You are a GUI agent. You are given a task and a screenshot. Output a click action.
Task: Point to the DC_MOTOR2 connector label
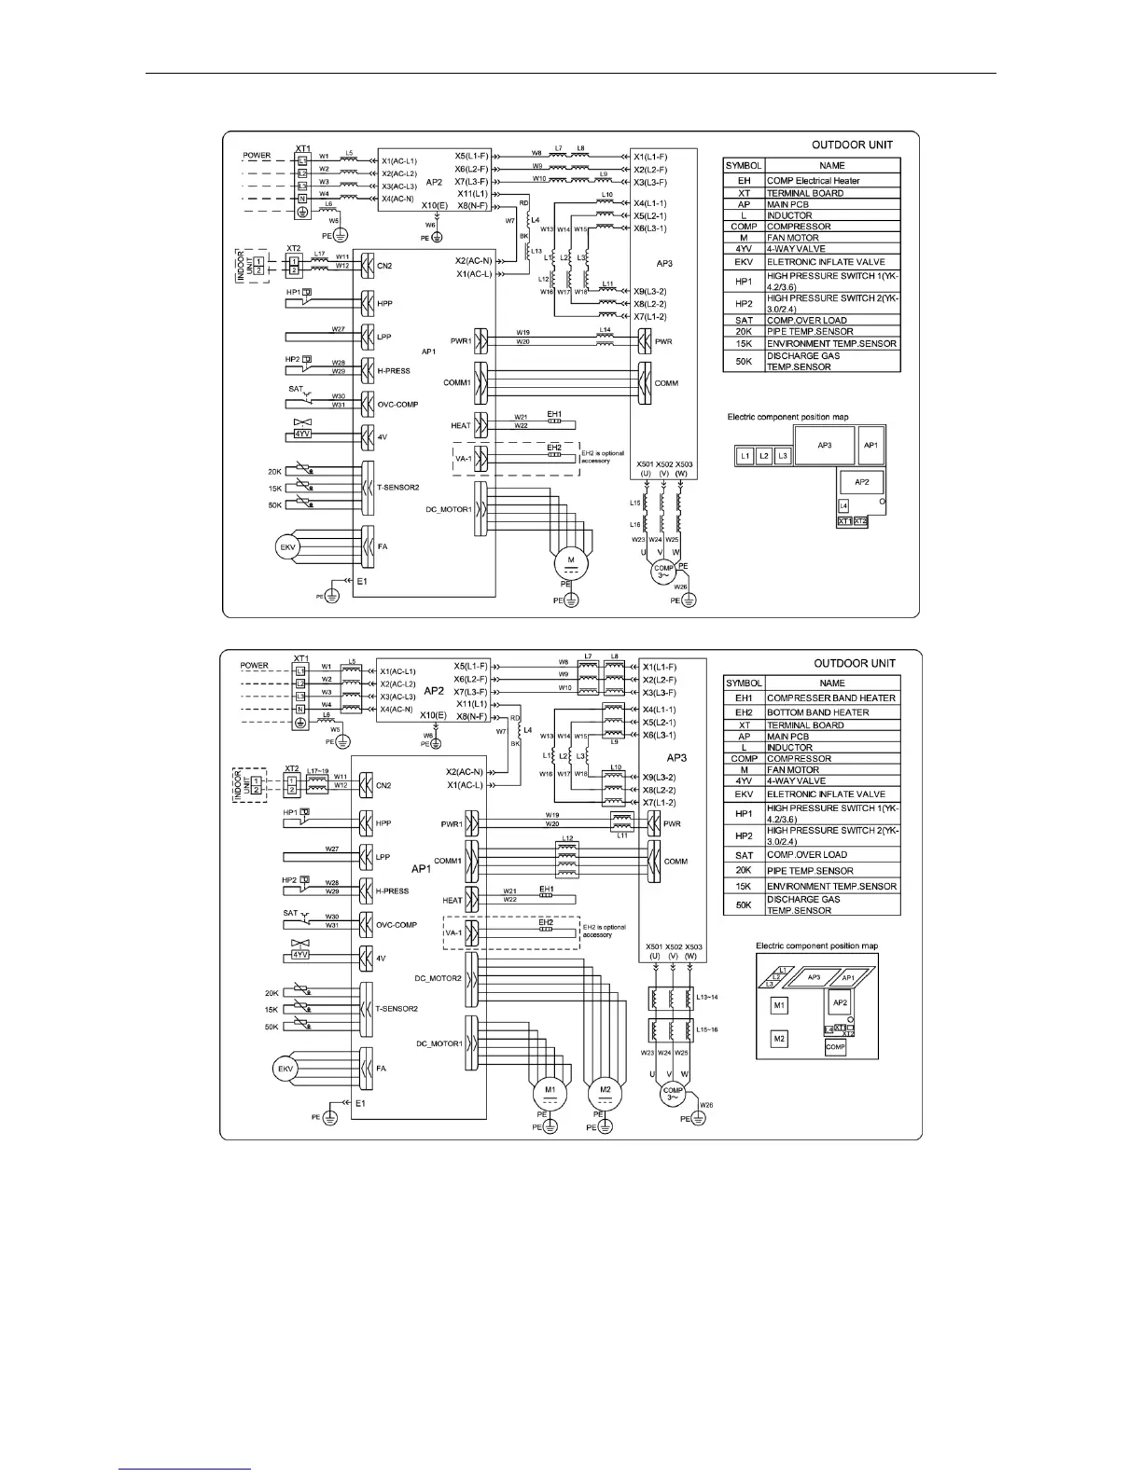coord(438,978)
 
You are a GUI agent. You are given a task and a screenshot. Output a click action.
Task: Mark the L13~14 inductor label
coord(707,997)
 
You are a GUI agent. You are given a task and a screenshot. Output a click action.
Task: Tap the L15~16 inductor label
coord(707,1029)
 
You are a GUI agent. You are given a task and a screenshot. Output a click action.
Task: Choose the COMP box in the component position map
coord(835,1047)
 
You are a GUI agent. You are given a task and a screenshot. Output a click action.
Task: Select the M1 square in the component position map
coord(780,1005)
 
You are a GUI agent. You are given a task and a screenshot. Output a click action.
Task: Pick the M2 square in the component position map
coord(780,1038)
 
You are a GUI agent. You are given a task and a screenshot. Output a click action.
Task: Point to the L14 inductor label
coord(605,330)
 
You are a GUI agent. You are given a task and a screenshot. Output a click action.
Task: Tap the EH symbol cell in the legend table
coord(744,181)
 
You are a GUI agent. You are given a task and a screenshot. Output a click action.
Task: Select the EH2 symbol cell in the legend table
coord(744,711)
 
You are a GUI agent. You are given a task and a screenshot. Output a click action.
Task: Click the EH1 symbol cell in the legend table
coord(744,697)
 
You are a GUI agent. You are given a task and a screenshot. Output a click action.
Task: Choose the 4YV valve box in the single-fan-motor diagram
coord(300,434)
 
